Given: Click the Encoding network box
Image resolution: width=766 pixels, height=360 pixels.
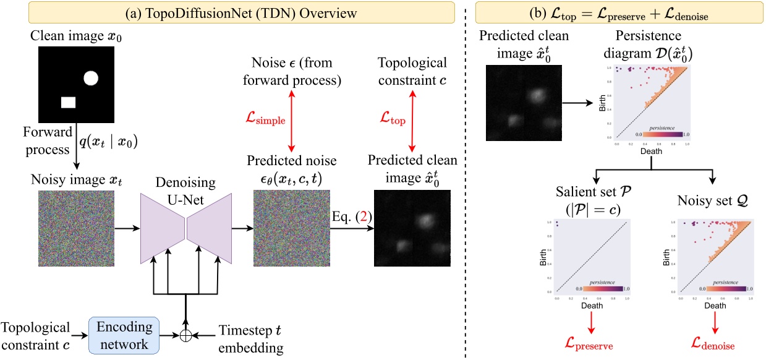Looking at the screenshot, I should click(124, 335).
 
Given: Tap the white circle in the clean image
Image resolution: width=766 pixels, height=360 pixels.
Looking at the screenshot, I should click(91, 78).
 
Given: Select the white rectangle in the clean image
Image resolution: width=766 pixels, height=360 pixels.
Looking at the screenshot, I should click(68, 102).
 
